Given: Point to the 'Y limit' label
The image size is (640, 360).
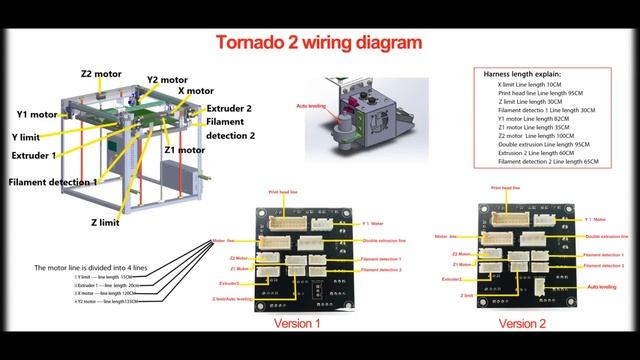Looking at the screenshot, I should point(32,136).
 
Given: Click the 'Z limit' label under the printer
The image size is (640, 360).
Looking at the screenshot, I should point(106,223).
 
